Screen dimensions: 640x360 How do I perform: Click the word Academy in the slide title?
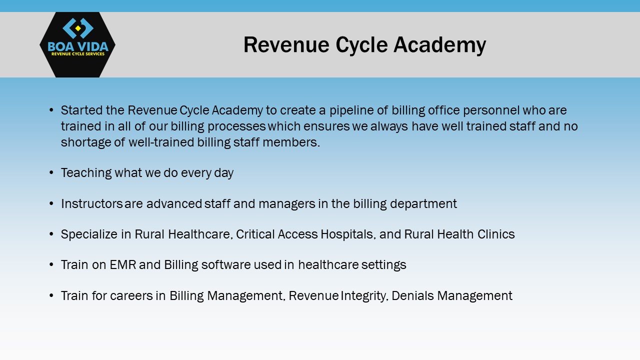click(439, 45)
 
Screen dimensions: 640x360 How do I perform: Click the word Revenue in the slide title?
click(286, 45)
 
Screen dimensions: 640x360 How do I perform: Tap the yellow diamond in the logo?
click(77, 28)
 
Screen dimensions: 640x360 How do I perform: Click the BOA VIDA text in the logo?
click(78, 46)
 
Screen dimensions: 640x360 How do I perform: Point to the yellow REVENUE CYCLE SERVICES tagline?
click(78, 54)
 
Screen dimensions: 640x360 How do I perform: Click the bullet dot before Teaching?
click(51, 172)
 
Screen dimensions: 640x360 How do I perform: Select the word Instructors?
click(91, 203)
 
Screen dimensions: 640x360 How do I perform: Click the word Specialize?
click(89, 234)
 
